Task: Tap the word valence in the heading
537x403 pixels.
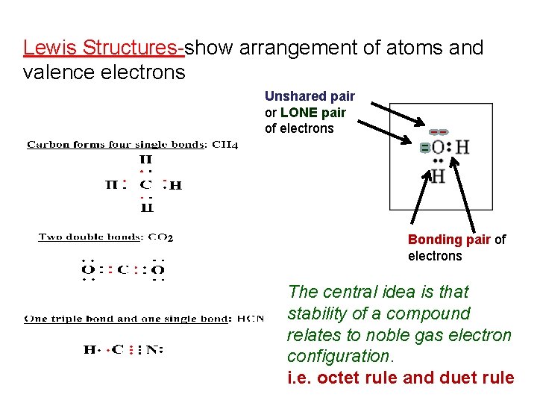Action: tap(50, 72)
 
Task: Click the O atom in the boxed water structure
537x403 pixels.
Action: tap(438, 147)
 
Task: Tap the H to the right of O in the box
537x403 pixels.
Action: tap(462, 147)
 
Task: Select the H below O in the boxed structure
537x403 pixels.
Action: tap(439, 177)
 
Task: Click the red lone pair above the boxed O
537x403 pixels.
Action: tap(439, 132)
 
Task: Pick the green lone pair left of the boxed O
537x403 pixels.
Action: tap(424, 148)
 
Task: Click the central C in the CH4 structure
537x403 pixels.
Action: tap(145, 184)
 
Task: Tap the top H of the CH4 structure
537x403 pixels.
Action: tap(145, 159)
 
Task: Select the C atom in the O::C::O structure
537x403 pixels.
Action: tap(122, 269)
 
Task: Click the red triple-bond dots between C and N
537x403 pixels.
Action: tap(133, 349)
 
